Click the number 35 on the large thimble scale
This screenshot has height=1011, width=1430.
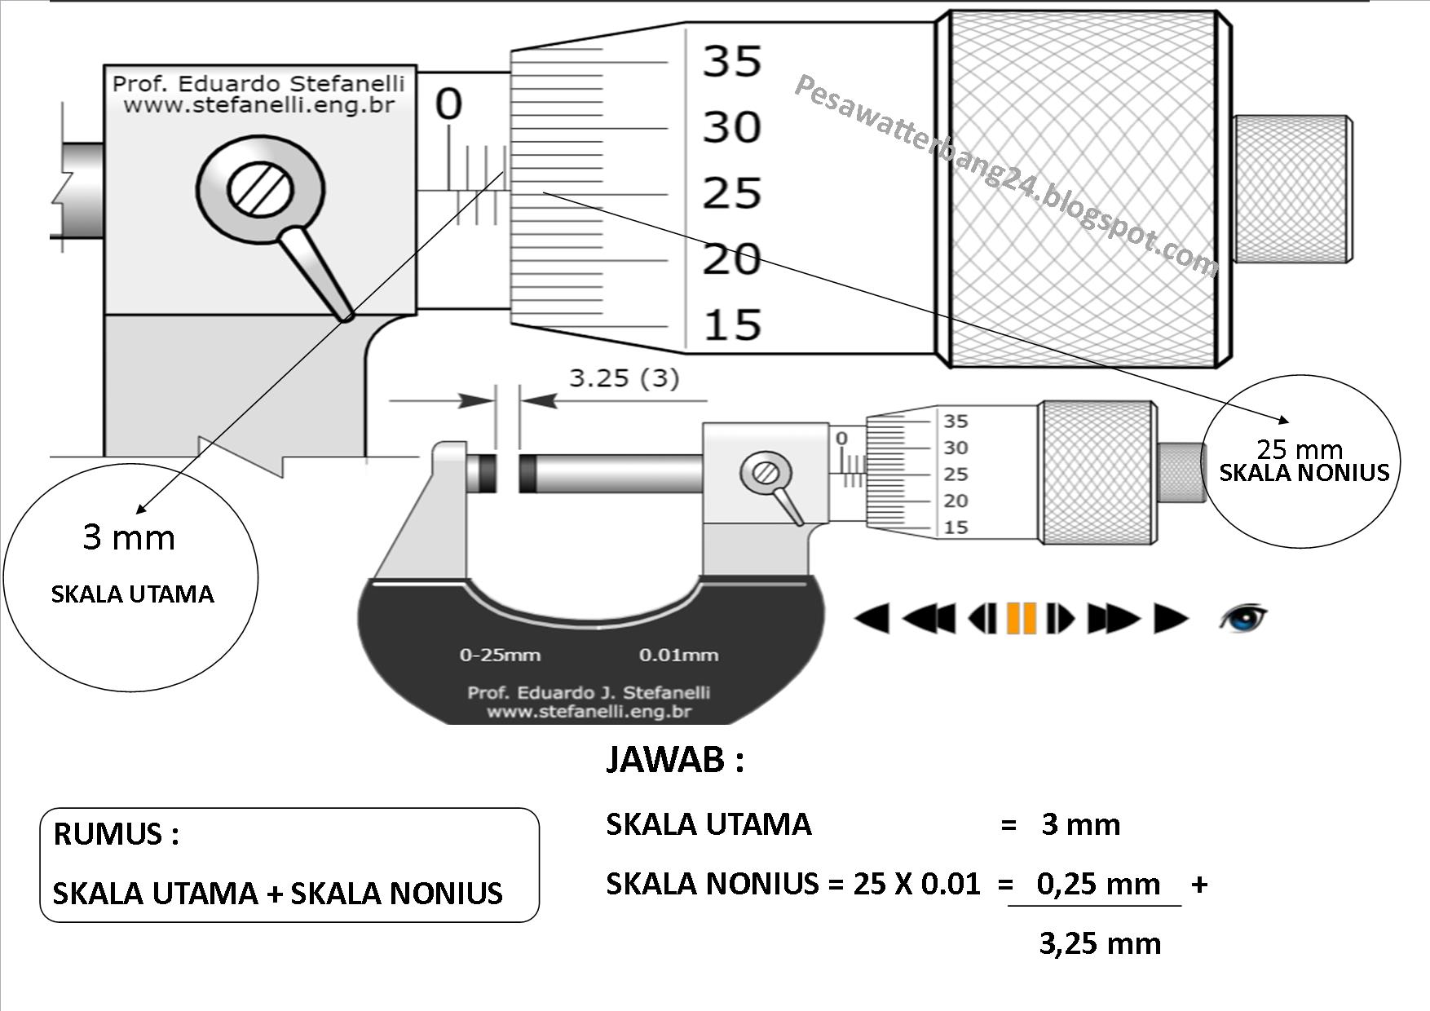tap(731, 61)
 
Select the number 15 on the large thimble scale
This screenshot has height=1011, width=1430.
tap(731, 324)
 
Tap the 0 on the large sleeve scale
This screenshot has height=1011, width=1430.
tap(448, 104)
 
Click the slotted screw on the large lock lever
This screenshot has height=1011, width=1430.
tap(260, 190)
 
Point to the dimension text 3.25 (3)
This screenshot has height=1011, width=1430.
tap(624, 378)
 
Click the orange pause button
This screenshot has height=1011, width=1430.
tap(1021, 618)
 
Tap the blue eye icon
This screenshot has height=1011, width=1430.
tap(1243, 617)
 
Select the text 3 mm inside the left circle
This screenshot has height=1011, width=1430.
tap(129, 538)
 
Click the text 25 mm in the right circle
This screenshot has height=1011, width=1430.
tap(1299, 449)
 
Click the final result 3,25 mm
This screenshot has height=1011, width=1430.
tap(1099, 943)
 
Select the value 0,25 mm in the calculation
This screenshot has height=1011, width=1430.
tap(1097, 884)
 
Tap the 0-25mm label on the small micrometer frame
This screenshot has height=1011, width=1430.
tap(500, 655)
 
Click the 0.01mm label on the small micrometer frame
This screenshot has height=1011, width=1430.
tap(678, 655)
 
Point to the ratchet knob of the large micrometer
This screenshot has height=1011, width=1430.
tap(1293, 189)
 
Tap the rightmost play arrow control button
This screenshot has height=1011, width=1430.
tap(1171, 618)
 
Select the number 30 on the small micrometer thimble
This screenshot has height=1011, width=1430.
tap(956, 448)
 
